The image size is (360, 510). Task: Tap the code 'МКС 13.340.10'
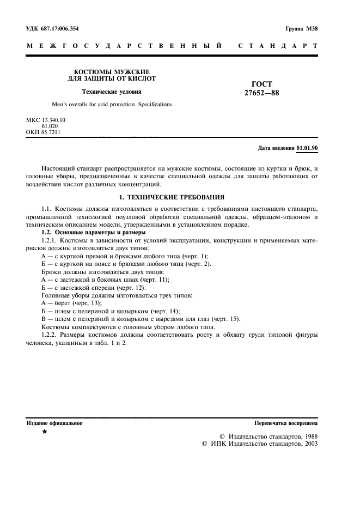[46, 120]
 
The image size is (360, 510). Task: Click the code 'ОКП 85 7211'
[44, 132]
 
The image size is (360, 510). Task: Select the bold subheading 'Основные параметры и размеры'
[103, 233]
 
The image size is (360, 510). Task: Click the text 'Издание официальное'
[54, 423]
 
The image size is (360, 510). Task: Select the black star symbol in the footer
[45, 432]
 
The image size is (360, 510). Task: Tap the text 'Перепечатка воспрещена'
[286, 423]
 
